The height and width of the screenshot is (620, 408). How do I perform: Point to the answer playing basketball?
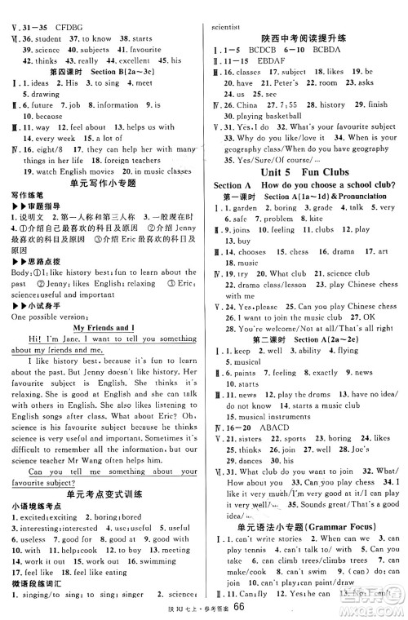tap(273, 117)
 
